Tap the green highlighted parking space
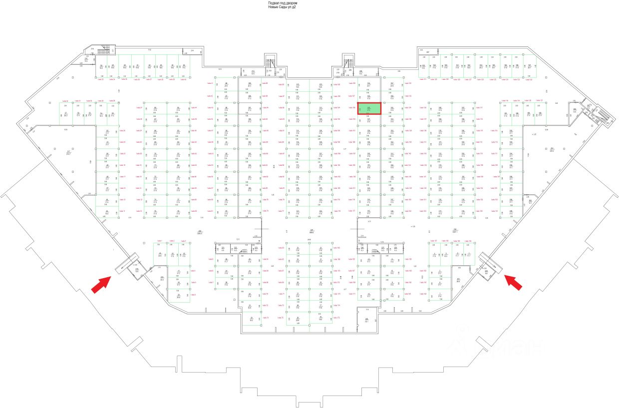click(369, 108)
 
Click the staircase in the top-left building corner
click(106, 50)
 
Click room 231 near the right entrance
click(458, 280)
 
